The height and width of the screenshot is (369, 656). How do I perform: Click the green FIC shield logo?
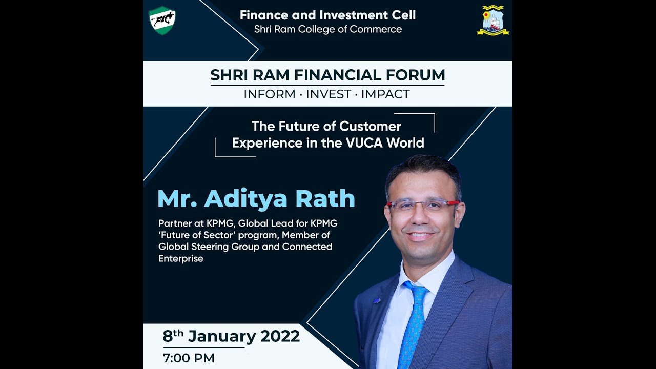[162, 20]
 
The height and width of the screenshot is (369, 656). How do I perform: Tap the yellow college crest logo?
[493, 20]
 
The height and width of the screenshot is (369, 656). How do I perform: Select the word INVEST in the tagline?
[329, 94]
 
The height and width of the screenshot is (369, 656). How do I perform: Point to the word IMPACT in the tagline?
[385, 94]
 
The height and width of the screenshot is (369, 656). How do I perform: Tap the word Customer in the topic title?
[370, 126]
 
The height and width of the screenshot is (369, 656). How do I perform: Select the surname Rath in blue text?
[326, 199]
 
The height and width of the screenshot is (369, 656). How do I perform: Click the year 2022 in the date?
[280, 336]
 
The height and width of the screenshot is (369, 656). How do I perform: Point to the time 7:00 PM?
[189, 358]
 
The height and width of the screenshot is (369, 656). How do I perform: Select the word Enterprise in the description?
[181, 258]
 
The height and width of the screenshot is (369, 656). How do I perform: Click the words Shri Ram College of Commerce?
[328, 29]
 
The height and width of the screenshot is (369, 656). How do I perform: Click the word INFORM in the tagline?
[270, 94]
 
